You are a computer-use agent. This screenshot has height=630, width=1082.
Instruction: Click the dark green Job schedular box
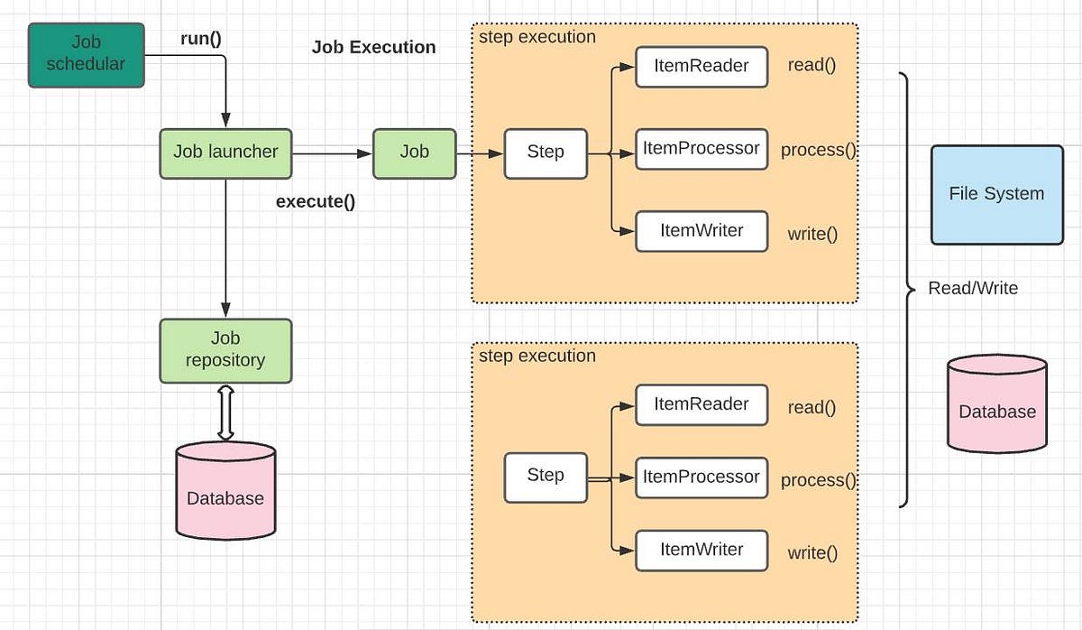(86, 55)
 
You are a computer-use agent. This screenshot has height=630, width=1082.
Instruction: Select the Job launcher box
(225, 153)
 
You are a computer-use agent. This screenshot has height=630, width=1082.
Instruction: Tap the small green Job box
(415, 153)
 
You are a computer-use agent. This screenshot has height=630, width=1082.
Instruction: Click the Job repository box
(225, 350)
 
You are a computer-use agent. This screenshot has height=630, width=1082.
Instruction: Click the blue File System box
(996, 194)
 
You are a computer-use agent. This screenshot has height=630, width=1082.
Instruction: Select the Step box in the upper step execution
(546, 153)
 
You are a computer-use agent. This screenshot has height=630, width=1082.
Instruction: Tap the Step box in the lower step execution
(546, 477)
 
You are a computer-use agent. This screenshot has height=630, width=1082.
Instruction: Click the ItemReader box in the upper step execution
(701, 67)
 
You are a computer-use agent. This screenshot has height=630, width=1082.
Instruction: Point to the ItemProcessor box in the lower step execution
(701, 477)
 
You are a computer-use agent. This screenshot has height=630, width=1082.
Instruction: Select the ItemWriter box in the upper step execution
(701, 231)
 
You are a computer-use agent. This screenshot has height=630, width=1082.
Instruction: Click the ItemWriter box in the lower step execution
(701, 551)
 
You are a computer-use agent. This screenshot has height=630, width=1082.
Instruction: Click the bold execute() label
(316, 201)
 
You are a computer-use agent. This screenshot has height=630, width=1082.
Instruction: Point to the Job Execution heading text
(373, 48)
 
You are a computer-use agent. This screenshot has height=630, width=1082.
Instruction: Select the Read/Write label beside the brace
(973, 289)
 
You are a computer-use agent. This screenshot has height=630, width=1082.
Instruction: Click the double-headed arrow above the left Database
(225, 412)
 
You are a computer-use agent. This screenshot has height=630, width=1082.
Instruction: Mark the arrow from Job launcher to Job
(332, 153)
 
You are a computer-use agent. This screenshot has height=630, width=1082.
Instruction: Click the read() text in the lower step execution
(811, 408)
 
